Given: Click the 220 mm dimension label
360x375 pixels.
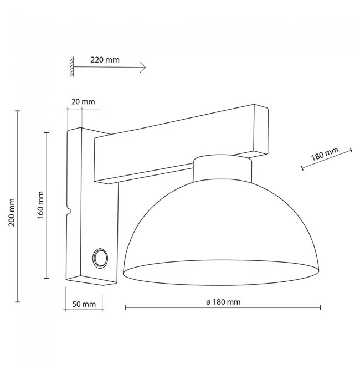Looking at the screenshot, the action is pos(105,60).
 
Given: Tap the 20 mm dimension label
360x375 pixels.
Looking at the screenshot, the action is pos(83,101).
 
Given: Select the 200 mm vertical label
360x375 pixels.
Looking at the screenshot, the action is pos(12,212).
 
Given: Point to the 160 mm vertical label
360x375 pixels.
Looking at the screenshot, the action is pos(40,205).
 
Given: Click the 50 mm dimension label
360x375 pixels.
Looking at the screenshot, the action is pos(84,304).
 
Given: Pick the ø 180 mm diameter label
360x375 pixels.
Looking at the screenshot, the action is pos(223,302).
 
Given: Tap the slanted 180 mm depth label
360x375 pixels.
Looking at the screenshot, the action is pos(325,153).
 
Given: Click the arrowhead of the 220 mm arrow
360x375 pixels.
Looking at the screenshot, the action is pos(143,67).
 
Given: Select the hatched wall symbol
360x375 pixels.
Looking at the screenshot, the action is pos(72,66).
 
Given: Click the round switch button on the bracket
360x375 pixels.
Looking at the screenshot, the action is pos(100,258).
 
